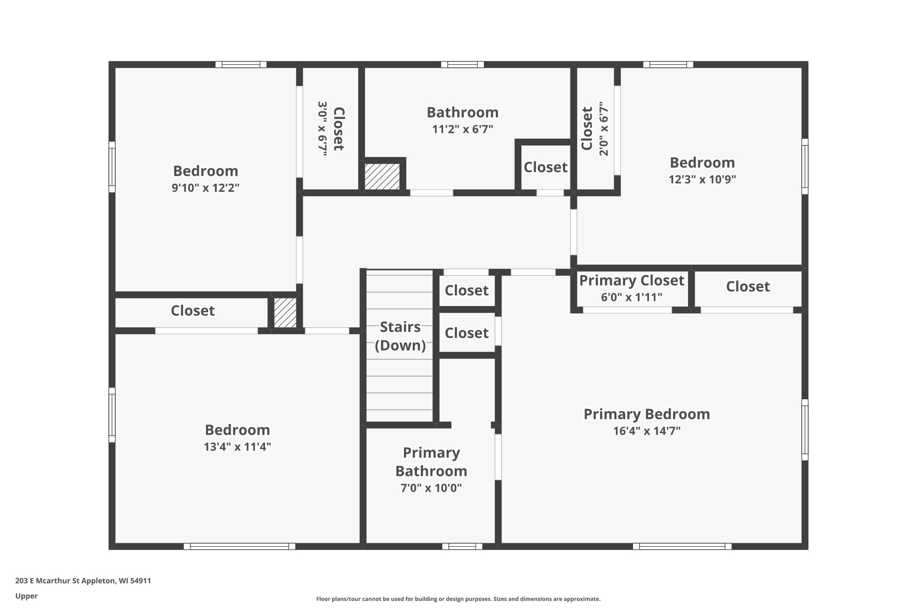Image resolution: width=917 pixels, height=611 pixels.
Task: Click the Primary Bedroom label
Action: (x=647, y=414)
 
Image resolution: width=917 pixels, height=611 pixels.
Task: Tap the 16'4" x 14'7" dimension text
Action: (x=647, y=431)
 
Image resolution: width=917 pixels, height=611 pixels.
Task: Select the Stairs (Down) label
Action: (x=400, y=336)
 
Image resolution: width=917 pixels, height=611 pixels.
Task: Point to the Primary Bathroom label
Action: (x=431, y=462)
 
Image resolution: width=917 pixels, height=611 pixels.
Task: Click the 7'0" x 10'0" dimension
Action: (x=431, y=488)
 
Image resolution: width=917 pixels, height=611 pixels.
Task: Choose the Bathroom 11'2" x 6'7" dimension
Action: (x=462, y=129)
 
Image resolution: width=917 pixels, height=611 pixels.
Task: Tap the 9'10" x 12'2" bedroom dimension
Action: (x=206, y=188)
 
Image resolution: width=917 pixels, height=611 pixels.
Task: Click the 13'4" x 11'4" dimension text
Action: (x=237, y=447)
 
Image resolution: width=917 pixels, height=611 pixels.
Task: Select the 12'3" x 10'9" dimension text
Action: (x=702, y=179)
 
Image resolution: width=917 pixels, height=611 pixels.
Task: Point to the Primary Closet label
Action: (x=631, y=281)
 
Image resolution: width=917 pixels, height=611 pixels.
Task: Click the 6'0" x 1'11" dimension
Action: (x=631, y=297)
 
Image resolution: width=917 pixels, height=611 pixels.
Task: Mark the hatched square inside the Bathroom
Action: (x=382, y=176)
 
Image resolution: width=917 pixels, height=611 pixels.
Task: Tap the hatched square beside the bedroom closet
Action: (x=285, y=312)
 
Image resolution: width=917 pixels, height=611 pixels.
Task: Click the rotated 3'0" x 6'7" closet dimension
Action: (x=322, y=129)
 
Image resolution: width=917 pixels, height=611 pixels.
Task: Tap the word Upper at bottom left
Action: (x=27, y=596)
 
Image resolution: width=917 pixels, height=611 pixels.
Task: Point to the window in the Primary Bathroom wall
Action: (x=462, y=546)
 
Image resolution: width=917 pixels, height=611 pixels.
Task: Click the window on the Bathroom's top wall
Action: (x=462, y=64)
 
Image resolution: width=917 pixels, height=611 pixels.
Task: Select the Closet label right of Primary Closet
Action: (x=748, y=287)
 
